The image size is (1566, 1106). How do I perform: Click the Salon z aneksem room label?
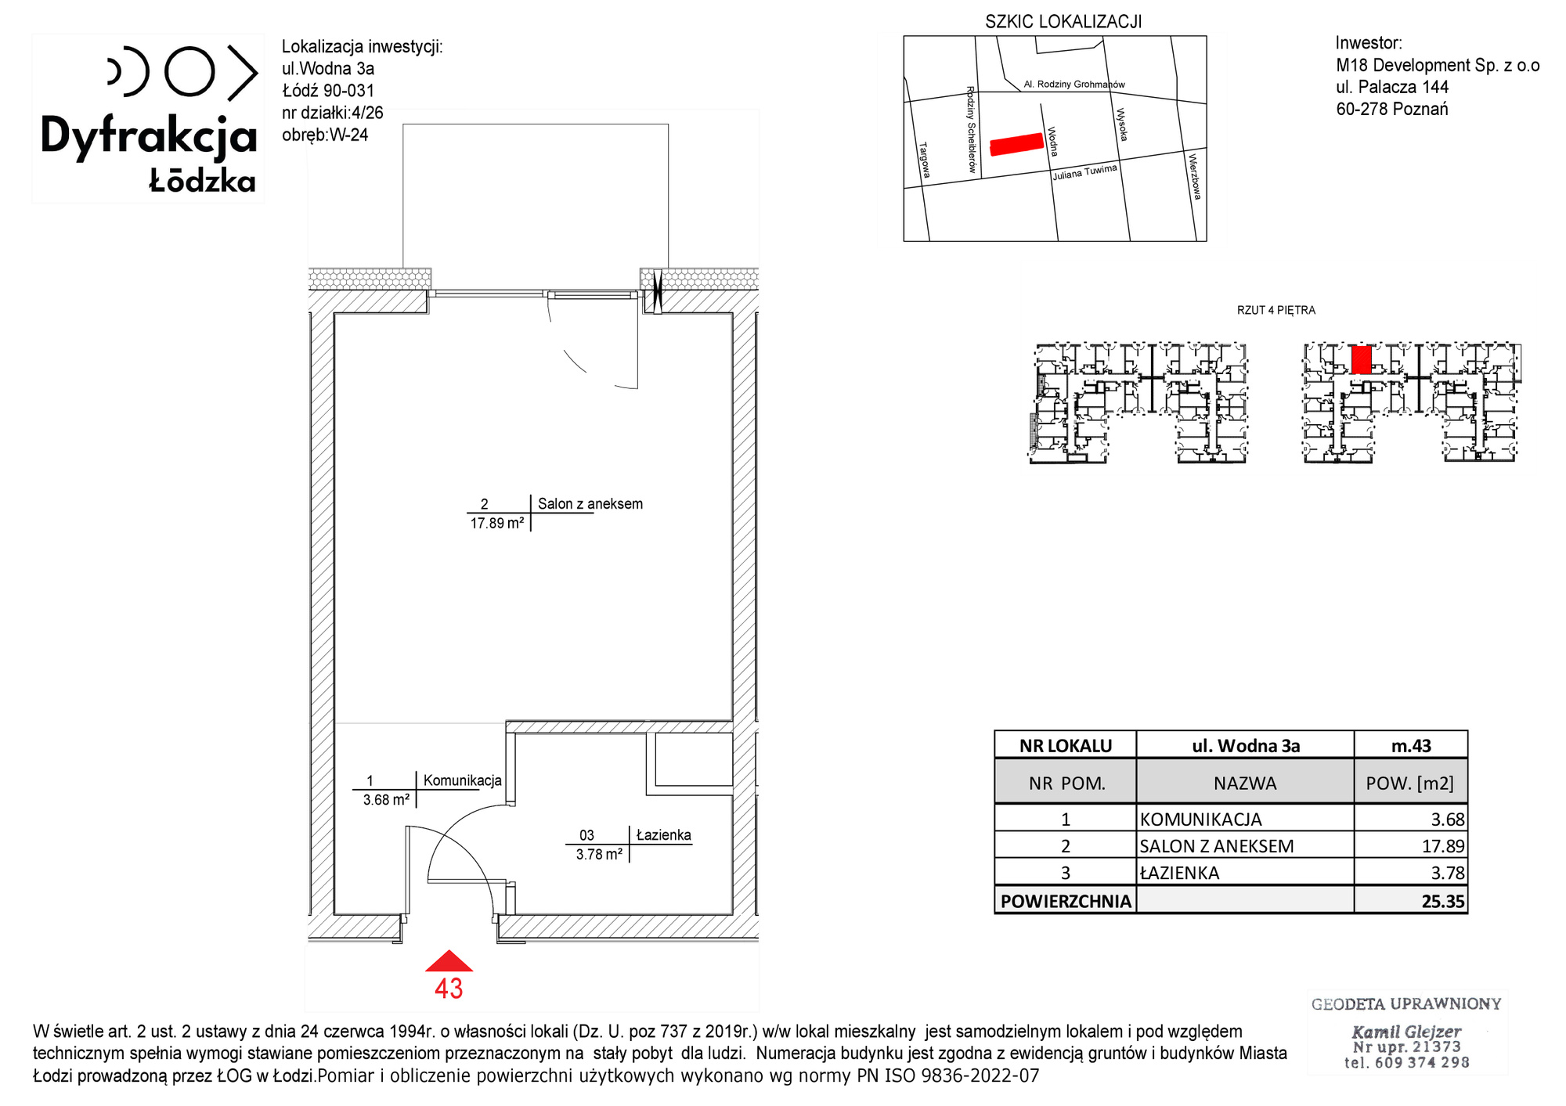click(590, 504)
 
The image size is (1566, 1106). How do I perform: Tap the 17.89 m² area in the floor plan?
click(497, 523)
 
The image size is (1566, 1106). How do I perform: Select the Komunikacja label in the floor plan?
click(463, 780)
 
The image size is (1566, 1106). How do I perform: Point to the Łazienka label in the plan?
click(664, 835)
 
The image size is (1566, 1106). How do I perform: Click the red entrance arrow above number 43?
click(449, 961)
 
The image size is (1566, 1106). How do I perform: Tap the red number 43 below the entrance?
click(449, 989)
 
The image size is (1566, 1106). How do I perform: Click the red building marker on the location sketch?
click(1017, 144)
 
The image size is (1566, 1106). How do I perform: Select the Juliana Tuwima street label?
click(1084, 172)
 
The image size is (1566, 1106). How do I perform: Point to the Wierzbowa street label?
click(1194, 176)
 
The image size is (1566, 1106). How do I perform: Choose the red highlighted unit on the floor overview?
click(1362, 359)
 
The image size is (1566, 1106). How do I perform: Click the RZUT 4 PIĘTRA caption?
click(1276, 311)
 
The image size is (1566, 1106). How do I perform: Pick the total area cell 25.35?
click(1442, 901)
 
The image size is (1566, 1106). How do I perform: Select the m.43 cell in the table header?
click(1411, 746)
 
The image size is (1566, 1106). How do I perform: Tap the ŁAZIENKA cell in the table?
click(1179, 873)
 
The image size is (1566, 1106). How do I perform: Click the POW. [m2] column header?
click(1409, 784)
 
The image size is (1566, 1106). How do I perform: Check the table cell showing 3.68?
click(1448, 820)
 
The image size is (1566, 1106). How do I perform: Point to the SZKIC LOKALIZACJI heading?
click(1063, 22)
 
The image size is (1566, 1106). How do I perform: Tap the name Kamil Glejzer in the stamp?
click(1406, 1032)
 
